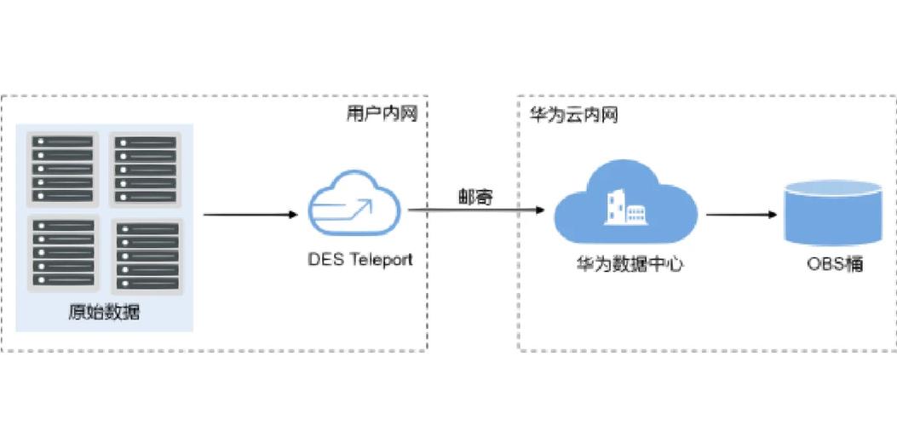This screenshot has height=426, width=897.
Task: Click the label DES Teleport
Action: point(359,260)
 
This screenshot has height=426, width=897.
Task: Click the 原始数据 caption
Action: point(104,313)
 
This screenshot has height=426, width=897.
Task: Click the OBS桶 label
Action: point(835,264)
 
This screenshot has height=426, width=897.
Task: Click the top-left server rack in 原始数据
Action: point(63,168)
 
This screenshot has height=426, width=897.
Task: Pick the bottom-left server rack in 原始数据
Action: point(63,254)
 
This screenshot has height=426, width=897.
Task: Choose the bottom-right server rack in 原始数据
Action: point(146,256)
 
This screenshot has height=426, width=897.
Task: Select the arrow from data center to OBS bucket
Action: point(741,214)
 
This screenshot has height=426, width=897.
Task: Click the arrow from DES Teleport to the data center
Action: point(475,210)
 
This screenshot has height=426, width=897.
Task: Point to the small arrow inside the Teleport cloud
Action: point(358,207)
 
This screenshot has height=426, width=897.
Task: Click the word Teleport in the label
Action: point(380,260)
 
